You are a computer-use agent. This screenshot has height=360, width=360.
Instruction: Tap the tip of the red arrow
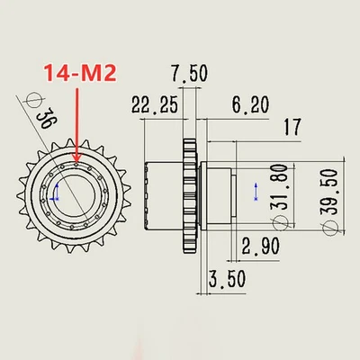point(78,164)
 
